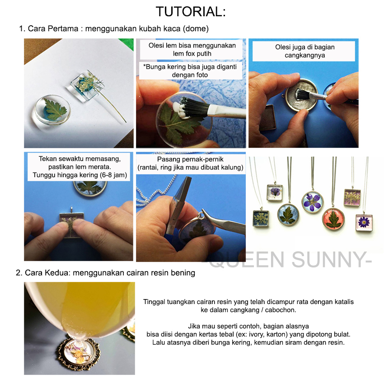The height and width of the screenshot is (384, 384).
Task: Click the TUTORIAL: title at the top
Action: [191, 12]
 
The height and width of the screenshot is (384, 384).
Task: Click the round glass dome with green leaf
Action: [52, 110]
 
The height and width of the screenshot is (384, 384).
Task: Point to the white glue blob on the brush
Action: [180, 110]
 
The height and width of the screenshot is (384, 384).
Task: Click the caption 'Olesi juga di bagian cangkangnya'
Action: [304, 51]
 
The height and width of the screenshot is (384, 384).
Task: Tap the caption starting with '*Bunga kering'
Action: [190, 71]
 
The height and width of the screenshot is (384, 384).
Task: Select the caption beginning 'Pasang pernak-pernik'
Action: [190, 164]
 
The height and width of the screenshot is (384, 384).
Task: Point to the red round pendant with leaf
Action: [333, 219]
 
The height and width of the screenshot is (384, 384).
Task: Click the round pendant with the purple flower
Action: [313, 202]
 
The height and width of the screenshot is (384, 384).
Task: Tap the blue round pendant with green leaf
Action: [289, 215]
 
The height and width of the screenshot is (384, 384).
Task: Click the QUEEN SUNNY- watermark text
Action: [290, 260]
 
